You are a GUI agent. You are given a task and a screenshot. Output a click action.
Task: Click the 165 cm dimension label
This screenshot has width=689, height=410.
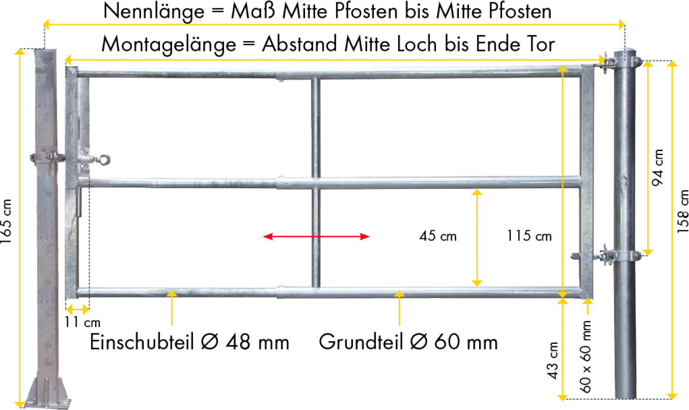(x=6, y=221)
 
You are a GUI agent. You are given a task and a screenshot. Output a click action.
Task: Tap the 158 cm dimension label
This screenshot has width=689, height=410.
(x=683, y=212)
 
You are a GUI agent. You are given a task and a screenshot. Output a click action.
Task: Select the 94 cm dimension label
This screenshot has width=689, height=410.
(x=658, y=168)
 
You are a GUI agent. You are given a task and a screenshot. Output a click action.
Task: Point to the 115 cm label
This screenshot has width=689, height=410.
(x=529, y=236)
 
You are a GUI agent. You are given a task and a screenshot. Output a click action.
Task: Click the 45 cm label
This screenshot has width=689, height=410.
(x=438, y=236)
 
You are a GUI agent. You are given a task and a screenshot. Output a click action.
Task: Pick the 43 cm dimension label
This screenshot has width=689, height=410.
(x=553, y=360)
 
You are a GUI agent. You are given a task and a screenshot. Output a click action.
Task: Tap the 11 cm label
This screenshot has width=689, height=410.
(x=82, y=322)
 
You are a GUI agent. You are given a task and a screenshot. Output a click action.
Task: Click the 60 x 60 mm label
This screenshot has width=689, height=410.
(x=585, y=357)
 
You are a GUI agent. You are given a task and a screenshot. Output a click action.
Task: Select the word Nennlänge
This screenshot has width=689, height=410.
(x=154, y=11)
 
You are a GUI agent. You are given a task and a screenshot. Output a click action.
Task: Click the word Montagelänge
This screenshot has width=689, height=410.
(x=169, y=45)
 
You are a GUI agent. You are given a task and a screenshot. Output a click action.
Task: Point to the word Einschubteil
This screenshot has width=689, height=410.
(x=142, y=342)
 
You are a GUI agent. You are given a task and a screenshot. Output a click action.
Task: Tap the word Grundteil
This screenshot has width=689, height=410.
(x=361, y=342)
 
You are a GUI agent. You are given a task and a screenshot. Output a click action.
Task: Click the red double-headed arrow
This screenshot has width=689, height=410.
(x=316, y=236)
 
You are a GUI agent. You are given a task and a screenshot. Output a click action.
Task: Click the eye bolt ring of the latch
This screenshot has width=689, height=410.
(x=104, y=160)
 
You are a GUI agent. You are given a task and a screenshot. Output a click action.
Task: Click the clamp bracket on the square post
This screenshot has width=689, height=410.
(x=47, y=157)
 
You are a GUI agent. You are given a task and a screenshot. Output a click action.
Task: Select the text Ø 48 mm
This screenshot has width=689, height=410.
(x=245, y=342)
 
